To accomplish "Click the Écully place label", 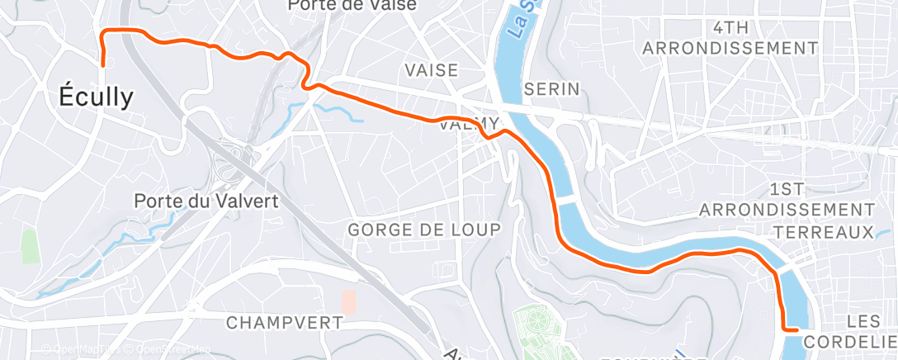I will click(x=96, y=97).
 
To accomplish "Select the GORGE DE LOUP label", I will click(x=424, y=230).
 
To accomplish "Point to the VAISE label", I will click(x=431, y=70).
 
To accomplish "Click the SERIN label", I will click(x=552, y=88).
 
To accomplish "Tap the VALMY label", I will click(x=468, y=124).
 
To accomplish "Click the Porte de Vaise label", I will click(x=352, y=5).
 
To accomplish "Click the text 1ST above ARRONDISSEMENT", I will click(x=792, y=188).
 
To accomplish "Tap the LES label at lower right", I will click(x=864, y=320).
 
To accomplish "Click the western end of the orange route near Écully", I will click(x=103, y=64).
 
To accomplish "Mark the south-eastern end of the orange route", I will click(x=797, y=329).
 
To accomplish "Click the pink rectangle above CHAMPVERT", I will click(x=349, y=301).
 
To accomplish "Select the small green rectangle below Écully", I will click(x=31, y=246).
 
